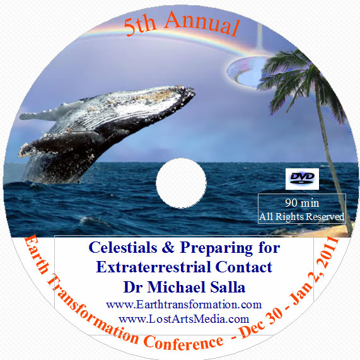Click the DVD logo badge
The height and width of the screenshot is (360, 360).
302,179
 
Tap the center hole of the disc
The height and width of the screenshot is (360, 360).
181,183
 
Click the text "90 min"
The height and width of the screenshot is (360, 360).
302,203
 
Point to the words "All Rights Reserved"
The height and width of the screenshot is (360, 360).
302,216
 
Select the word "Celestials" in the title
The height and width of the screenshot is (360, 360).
123,248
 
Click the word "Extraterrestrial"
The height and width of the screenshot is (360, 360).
154,267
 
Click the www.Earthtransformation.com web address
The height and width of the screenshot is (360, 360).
184,305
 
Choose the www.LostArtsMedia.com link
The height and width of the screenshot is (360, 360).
184,319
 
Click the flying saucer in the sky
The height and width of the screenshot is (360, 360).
247,71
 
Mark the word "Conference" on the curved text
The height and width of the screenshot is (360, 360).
184,342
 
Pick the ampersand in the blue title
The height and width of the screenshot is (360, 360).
168,248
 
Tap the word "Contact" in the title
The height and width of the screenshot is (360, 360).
243,267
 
